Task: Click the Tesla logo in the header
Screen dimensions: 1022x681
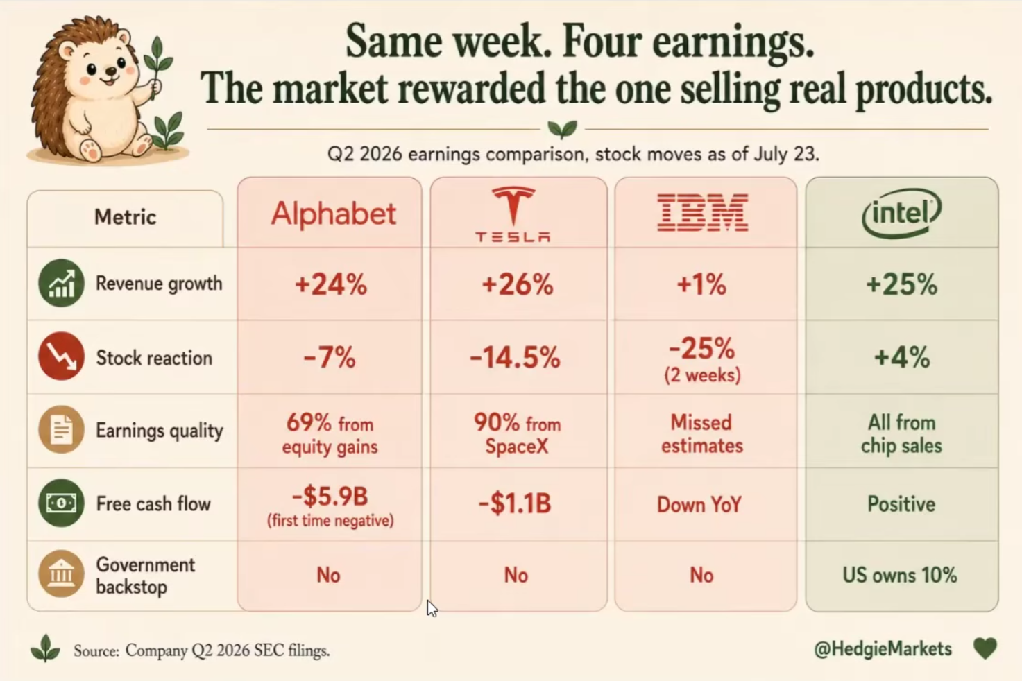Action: (513, 214)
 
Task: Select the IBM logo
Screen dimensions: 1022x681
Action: (703, 212)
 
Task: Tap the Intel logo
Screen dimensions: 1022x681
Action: (901, 213)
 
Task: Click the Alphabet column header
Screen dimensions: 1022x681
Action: (334, 214)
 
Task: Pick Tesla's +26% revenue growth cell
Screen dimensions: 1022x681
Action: (518, 284)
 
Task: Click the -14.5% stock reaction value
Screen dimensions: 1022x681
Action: (515, 357)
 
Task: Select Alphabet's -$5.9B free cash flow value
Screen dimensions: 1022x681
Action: (330, 497)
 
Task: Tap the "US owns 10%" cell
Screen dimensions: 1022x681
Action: (900, 575)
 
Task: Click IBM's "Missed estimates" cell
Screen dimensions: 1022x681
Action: (702, 434)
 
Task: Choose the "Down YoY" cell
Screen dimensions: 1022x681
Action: (699, 504)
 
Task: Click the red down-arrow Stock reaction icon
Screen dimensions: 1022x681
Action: (61, 356)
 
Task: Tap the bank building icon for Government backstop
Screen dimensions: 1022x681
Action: (61, 574)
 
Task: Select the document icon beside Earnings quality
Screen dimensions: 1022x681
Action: (61, 429)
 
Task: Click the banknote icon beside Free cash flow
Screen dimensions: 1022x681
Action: (61, 503)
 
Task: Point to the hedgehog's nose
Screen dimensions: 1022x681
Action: (111, 71)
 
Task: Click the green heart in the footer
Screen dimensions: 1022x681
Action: (985, 648)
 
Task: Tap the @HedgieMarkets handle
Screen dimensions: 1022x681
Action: (883, 649)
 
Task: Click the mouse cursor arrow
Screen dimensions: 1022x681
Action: (432, 608)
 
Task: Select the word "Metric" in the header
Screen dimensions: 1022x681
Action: (126, 216)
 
